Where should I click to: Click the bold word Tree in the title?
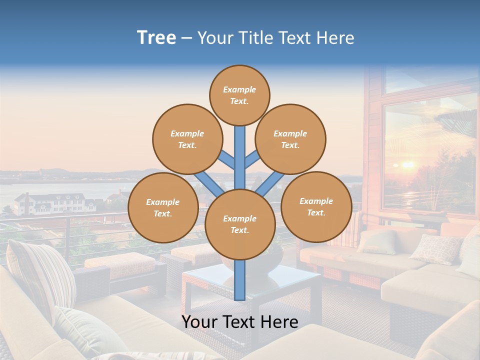pyautogui.click(x=156, y=38)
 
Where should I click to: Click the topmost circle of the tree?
pyautogui.click(x=239, y=95)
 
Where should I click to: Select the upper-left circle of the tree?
pyautogui.click(x=187, y=139)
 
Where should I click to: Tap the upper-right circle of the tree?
pyautogui.click(x=290, y=139)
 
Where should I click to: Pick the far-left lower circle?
pyautogui.click(x=162, y=208)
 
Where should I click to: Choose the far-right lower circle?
pyautogui.click(x=316, y=207)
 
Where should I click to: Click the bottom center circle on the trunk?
pyautogui.click(x=240, y=224)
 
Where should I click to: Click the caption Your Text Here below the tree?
pyautogui.click(x=240, y=322)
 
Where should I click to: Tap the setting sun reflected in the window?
pyautogui.click(x=407, y=164)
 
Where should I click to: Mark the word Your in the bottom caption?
pyautogui.click(x=200, y=322)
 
